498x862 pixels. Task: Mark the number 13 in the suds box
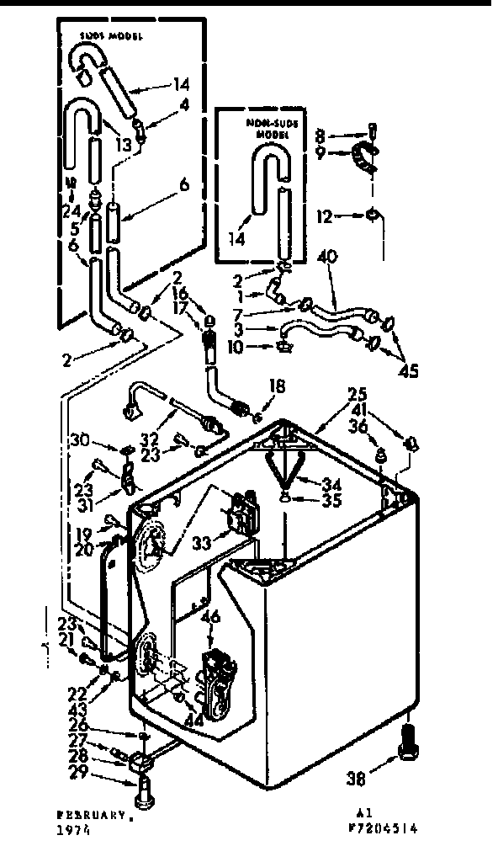[x=124, y=145]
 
